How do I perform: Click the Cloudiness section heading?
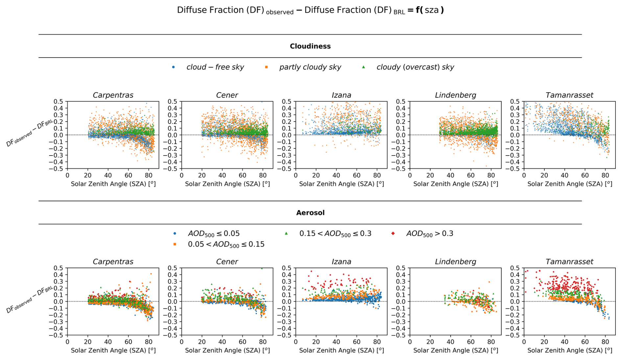tap(310, 46)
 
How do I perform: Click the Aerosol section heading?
tap(310, 213)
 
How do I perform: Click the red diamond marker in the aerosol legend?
tap(393, 233)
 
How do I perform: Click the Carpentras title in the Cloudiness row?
tap(113, 95)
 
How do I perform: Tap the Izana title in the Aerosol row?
tap(341, 262)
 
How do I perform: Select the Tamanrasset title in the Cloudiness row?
tap(569, 95)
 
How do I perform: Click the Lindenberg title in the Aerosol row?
tap(455, 262)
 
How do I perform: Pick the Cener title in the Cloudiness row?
tap(227, 95)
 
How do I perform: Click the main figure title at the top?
tap(310, 11)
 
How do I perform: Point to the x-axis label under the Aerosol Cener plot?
tap(227, 350)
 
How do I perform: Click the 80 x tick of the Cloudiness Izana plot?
tap(377, 176)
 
